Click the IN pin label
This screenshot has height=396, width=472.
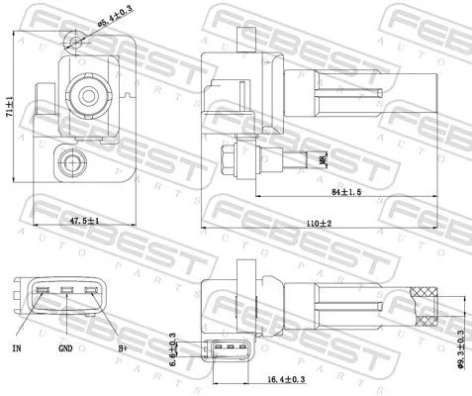17,348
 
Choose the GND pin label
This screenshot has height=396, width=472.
64,348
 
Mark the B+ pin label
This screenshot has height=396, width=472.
123,348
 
